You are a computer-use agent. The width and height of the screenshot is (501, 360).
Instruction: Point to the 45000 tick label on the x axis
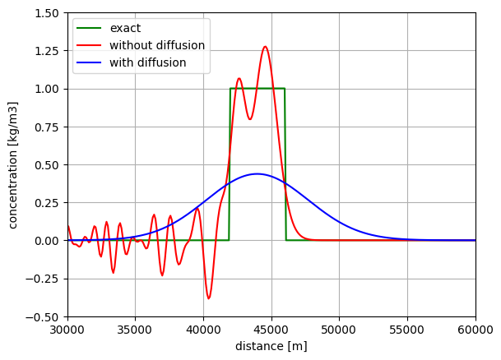tap(271, 330)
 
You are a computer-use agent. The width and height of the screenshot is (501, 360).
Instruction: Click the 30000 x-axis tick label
tap(67, 330)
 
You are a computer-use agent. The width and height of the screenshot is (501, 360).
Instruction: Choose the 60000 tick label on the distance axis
tap(475, 330)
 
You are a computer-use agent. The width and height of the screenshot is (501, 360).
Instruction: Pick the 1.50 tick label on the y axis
tap(45, 13)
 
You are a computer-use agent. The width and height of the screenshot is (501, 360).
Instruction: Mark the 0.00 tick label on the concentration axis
tap(45, 241)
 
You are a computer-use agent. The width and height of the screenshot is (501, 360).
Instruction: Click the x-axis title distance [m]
tap(271, 346)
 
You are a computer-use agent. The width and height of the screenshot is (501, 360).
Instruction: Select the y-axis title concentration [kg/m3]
tap(13, 164)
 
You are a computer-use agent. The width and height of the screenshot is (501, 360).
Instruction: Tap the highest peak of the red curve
tap(265, 47)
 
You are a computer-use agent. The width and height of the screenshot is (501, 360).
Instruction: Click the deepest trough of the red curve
tap(208, 298)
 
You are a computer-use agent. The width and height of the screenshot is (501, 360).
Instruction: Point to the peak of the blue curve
tap(257, 174)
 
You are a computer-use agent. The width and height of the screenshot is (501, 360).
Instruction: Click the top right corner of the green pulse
tap(285, 89)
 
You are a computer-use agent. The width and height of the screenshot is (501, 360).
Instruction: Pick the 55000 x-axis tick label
tap(407, 330)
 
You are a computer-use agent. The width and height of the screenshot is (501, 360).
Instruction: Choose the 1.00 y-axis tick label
tap(45, 89)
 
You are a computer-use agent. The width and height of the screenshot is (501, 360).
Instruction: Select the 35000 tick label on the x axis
tap(136, 330)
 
